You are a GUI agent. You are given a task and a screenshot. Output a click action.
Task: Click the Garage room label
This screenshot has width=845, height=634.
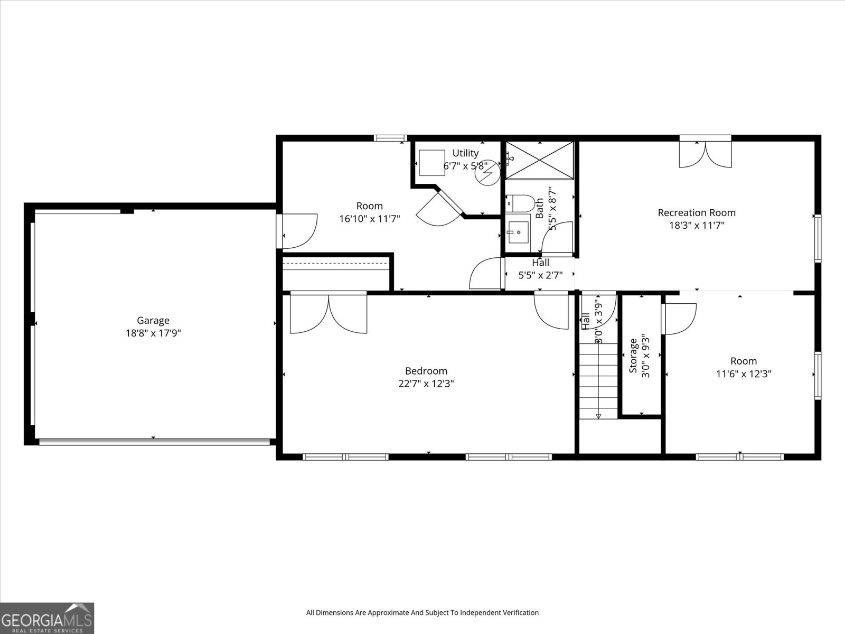(x=153, y=320)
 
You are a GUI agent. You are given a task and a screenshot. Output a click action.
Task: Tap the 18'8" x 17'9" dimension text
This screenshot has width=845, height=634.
(x=153, y=333)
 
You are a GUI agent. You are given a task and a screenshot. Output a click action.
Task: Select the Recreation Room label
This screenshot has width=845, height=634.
(x=696, y=212)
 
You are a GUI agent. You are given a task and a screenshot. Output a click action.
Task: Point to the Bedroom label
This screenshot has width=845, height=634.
(x=426, y=371)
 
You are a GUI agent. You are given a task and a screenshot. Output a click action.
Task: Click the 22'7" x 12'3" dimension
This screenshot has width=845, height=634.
(x=426, y=384)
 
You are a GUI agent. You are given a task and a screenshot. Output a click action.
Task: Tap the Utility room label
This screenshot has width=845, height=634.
(x=465, y=153)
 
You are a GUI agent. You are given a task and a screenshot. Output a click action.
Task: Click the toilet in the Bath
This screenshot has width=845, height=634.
(x=521, y=203)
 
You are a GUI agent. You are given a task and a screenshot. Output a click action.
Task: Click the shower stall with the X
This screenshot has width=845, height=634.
(x=539, y=161)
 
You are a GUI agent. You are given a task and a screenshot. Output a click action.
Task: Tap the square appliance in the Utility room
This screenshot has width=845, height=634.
(x=431, y=163)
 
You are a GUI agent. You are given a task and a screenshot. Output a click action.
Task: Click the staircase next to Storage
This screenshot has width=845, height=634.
(x=598, y=380)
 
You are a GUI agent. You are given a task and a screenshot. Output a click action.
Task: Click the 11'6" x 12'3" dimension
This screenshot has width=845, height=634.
(x=744, y=374)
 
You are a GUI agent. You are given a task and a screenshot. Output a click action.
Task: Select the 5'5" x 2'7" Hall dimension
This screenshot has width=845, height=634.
(x=540, y=275)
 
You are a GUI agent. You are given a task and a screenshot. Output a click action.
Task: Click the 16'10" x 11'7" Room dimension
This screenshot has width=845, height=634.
(x=370, y=219)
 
